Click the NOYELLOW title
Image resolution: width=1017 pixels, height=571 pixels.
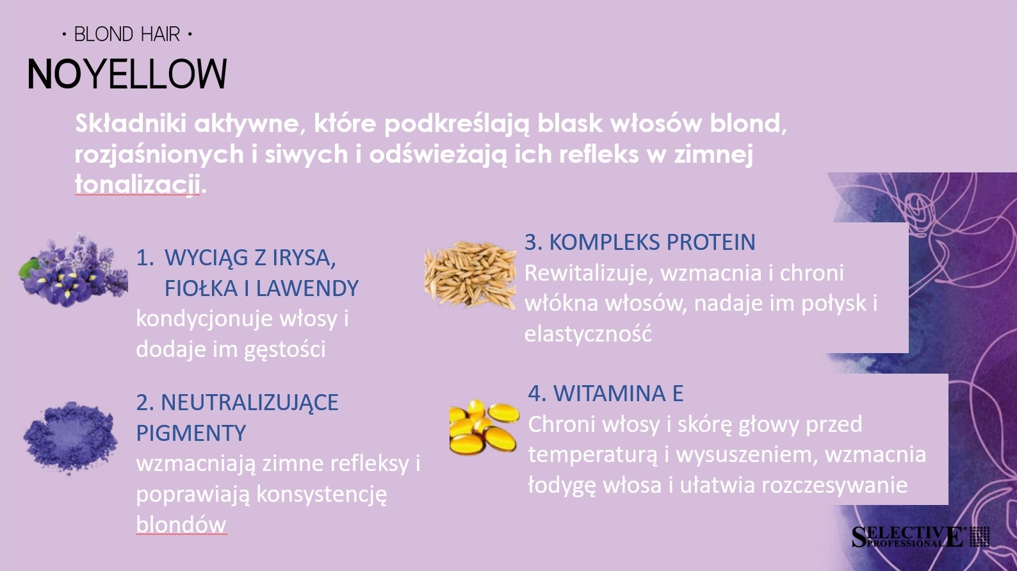click(127, 74)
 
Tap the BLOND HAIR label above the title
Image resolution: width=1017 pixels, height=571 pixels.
click(127, 35)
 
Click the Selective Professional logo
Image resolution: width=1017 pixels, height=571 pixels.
click(921, 537)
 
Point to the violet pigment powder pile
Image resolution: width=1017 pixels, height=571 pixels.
click(70, 437)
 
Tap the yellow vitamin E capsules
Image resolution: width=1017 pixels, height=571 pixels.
click(484, 427)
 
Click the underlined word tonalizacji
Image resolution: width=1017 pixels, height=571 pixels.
click(138, 184)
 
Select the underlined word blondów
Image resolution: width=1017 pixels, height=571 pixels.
click(181, 524)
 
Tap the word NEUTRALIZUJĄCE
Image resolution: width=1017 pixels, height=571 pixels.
click(250, 403)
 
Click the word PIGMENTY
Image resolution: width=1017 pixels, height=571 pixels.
click(191, 433)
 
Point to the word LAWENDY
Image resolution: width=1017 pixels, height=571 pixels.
click(307, 288)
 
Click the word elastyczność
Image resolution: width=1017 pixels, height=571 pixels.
click(589, 333)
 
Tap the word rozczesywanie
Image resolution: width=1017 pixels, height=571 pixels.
click(834, 485)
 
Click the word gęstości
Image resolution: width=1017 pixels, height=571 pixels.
click(284, 350)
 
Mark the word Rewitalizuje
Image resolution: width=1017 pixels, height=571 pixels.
click(589, 273)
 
